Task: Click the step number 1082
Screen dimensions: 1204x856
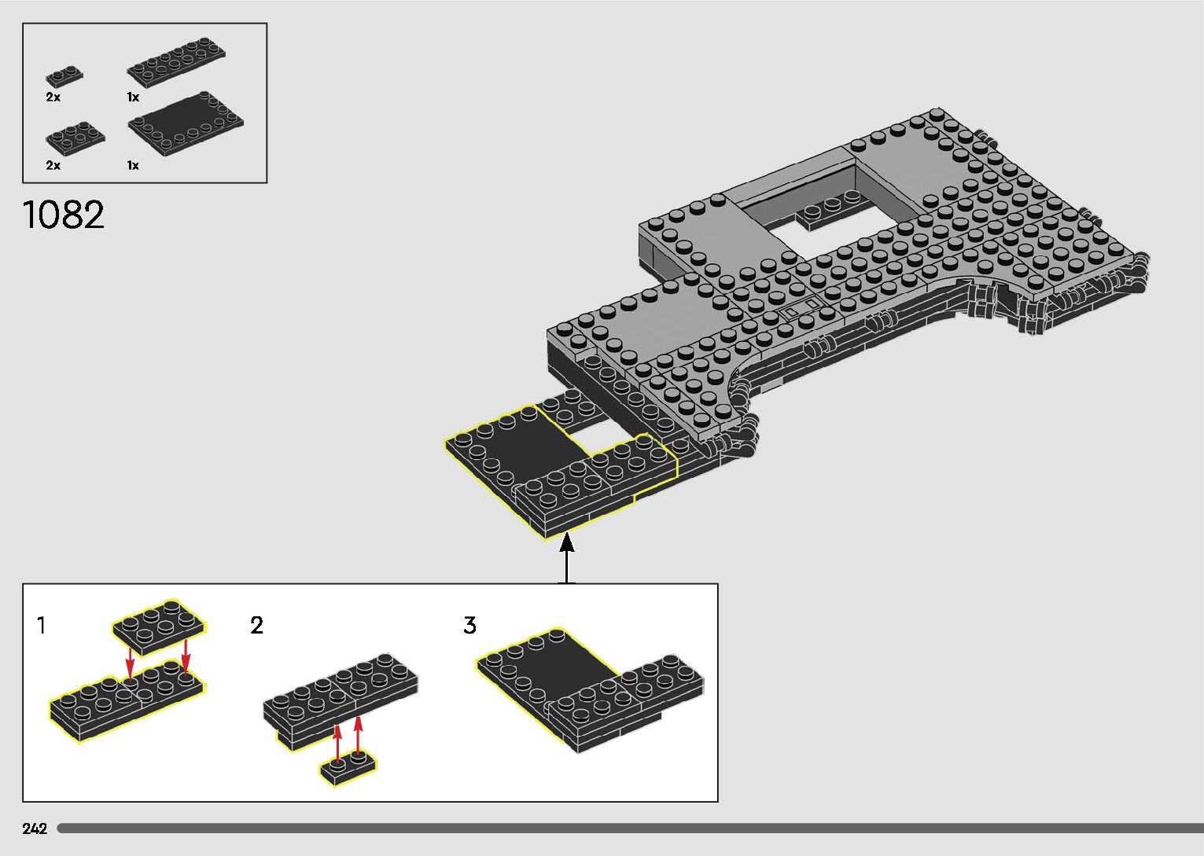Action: tap(64, 215)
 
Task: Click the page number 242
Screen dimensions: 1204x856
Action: tap(35, 828)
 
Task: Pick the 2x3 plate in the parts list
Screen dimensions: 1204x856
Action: tap(75, 138)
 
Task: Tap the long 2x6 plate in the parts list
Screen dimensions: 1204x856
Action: tap(176, 62)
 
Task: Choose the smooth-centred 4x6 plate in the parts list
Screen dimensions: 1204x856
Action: tap(186, 123)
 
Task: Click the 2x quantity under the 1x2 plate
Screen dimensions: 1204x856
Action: tap(53, 97)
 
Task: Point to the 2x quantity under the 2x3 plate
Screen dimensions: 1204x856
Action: tap(53, 166)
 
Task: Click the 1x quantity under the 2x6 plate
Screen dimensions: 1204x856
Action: tap(134, 97)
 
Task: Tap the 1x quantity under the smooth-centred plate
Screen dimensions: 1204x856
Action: tap(134, 166)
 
